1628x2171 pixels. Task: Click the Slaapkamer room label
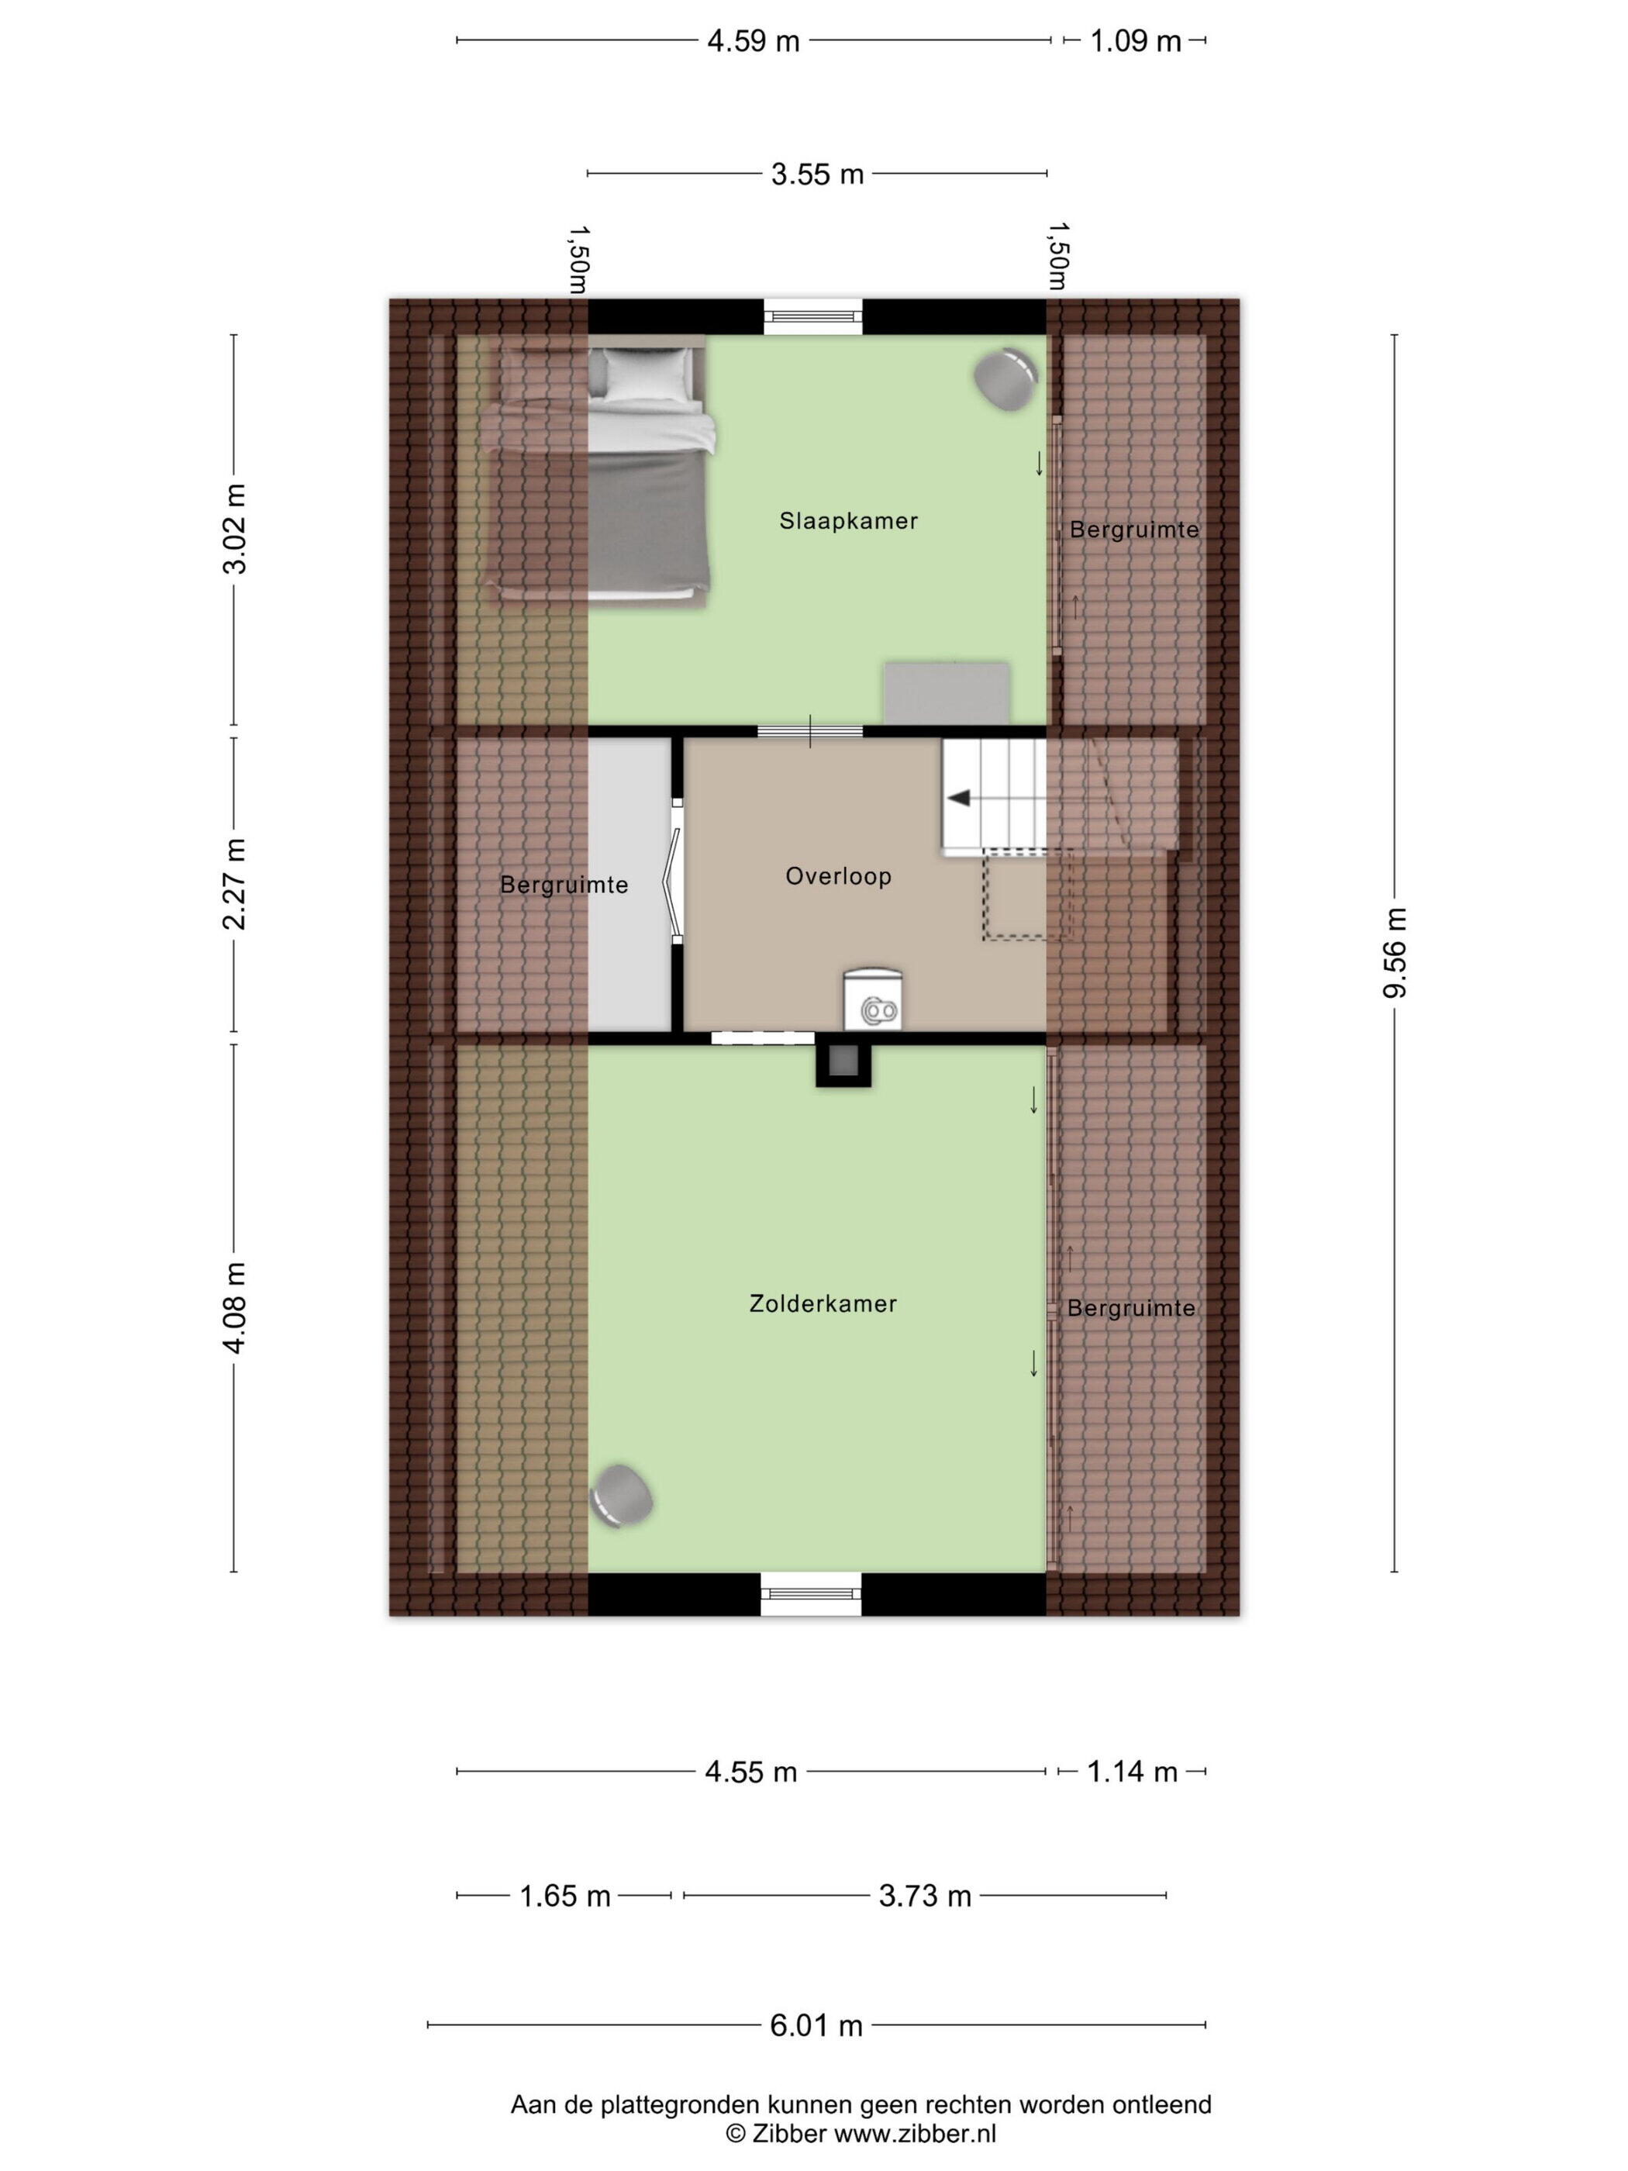coord(848,521)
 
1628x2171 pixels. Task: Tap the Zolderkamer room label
coord(823,1303)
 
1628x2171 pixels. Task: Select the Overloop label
coord(838,876)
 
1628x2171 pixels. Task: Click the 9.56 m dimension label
coord(1395,952)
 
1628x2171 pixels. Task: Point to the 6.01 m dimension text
coord(816,2024)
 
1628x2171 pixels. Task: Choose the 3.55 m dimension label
coord(816,174)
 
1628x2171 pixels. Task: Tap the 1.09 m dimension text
coord(1136,41)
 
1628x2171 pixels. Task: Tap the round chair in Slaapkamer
coord(1005,379)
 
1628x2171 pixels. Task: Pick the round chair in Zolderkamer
coord(621,1496)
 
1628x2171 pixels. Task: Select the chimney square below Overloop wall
coord(843,1063)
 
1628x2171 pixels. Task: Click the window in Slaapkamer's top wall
coord(813,316)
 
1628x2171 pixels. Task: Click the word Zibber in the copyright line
coord(788,2133)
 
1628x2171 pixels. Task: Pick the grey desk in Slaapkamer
coord(947,693)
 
